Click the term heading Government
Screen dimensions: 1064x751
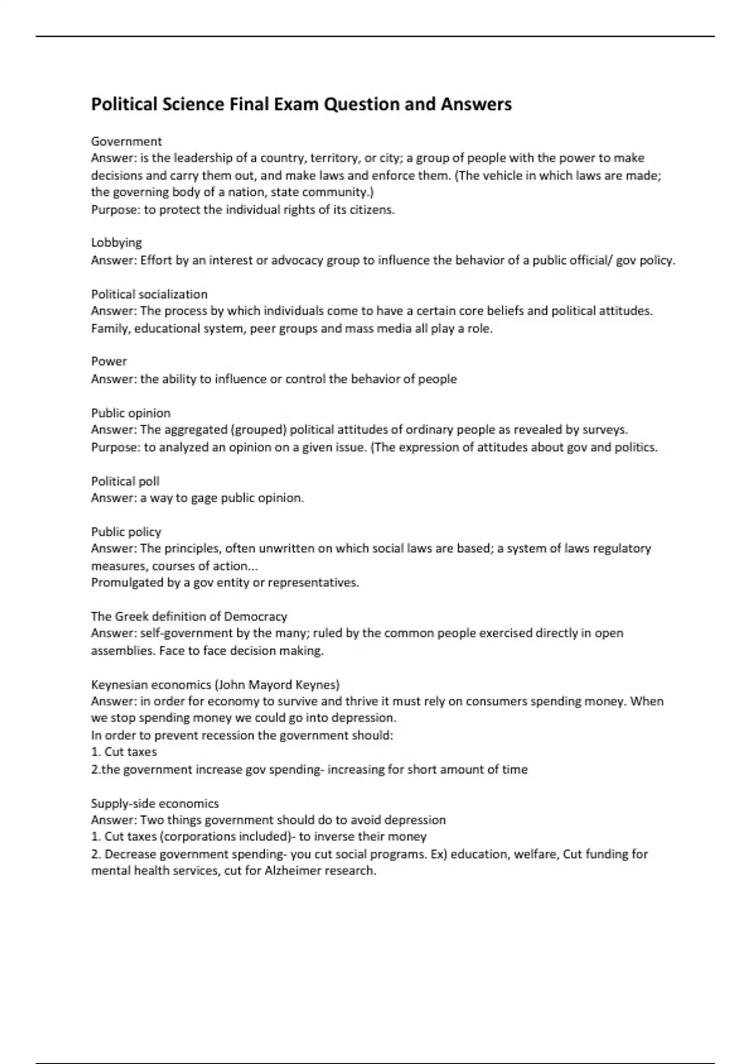tap(126, 141)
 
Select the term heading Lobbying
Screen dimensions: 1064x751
tap(116, 242)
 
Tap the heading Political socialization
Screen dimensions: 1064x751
tap(149, 294)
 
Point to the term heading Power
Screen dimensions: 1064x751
tap(109, 361)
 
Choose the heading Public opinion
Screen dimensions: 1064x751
tap(131, 413)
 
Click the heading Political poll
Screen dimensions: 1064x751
tap(125, 481)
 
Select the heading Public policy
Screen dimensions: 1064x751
tap(126, 531)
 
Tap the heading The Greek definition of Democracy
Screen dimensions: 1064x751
tap(189, 616)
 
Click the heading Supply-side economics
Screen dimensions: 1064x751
tap(155, 803)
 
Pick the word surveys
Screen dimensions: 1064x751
tap(605, 430)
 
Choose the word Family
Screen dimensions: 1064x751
tap(110, 329)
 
